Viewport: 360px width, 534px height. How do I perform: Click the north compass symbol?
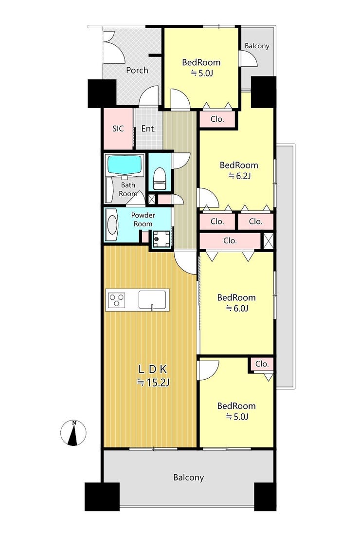73,433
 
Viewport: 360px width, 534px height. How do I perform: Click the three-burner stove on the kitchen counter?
116,300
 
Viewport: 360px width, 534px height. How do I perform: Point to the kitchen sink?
152,300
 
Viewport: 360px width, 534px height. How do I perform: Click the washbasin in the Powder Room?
111,225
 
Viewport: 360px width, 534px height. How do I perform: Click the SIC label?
118,129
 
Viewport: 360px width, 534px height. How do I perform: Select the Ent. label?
148,129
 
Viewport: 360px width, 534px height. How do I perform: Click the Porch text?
137,70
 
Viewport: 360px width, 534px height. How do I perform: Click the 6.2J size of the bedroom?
239,176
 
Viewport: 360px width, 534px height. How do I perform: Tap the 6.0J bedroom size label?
237,308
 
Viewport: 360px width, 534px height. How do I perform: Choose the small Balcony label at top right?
257,46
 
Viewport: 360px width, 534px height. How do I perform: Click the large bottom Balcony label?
188,478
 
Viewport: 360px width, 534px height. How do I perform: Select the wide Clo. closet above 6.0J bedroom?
230,241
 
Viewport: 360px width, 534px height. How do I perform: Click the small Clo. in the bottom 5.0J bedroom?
262,364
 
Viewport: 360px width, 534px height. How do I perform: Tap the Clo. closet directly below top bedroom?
217,119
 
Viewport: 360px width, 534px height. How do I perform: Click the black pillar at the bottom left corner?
102,497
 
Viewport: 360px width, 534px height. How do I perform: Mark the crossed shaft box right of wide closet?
269,240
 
